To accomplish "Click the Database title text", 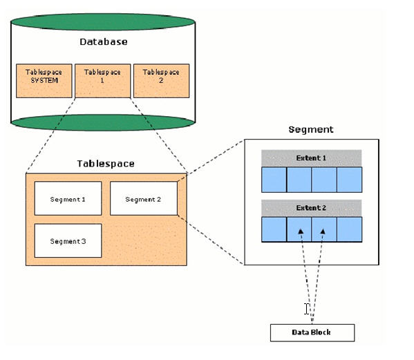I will (102, 42).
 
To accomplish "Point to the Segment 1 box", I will (68, 199).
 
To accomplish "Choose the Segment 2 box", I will (144, 199).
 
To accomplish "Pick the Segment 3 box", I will (68, 241).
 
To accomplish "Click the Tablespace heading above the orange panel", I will (105, 164).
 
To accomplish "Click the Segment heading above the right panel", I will (310, 129).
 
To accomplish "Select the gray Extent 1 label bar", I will (311, 158).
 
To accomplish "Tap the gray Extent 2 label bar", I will (311, 207).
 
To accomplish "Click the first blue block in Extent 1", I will (274, 179).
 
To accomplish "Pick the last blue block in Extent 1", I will (349, 179).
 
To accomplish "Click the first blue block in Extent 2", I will (274, 229).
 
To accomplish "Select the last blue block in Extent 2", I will (349, 229).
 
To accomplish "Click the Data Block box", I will (312, 332).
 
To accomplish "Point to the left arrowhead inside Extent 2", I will (300, 232).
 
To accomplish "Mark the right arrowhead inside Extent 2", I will (323, 232).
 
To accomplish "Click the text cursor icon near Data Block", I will (307, 309).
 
